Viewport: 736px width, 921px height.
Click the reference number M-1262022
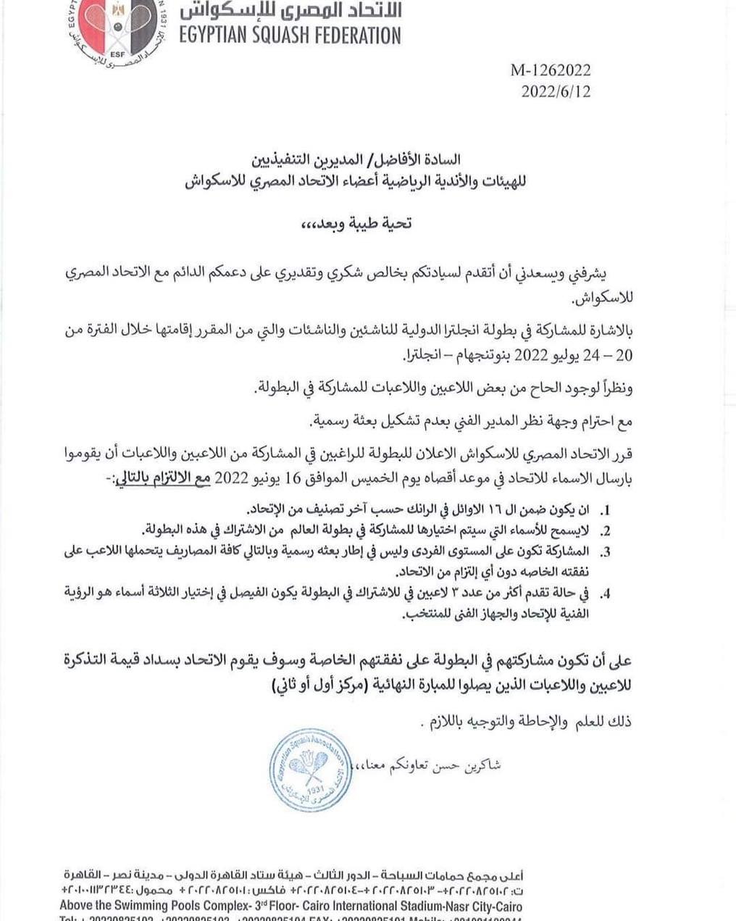[x=551, y=70]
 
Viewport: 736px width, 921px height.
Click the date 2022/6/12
[x=556, y=91]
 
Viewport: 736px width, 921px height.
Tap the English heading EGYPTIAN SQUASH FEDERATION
[x=289, y=35]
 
